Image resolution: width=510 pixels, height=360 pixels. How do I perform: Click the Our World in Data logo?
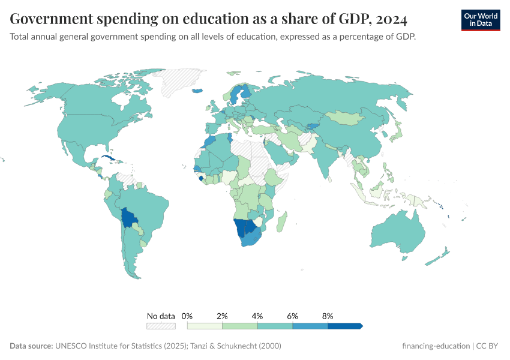point(480,20)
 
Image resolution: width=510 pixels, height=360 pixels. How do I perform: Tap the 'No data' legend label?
point(161,316)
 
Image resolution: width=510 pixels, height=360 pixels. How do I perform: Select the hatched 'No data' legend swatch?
point(161,326)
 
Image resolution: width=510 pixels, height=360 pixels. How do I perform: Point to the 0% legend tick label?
point(187,316)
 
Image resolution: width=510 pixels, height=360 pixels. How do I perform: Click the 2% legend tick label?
point(223,316)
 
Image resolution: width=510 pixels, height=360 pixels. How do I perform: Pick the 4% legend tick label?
point(257,316)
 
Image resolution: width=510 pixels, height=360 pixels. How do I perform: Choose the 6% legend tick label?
point(293,316)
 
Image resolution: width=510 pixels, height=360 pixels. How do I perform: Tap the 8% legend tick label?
point(328,316)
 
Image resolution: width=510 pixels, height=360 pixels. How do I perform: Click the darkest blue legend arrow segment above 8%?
point(345,326)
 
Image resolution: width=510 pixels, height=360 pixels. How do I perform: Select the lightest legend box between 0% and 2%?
point(205,326)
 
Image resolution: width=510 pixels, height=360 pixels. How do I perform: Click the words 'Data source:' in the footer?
point(31,346)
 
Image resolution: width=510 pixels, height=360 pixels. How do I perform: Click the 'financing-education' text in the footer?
point(436,346)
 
